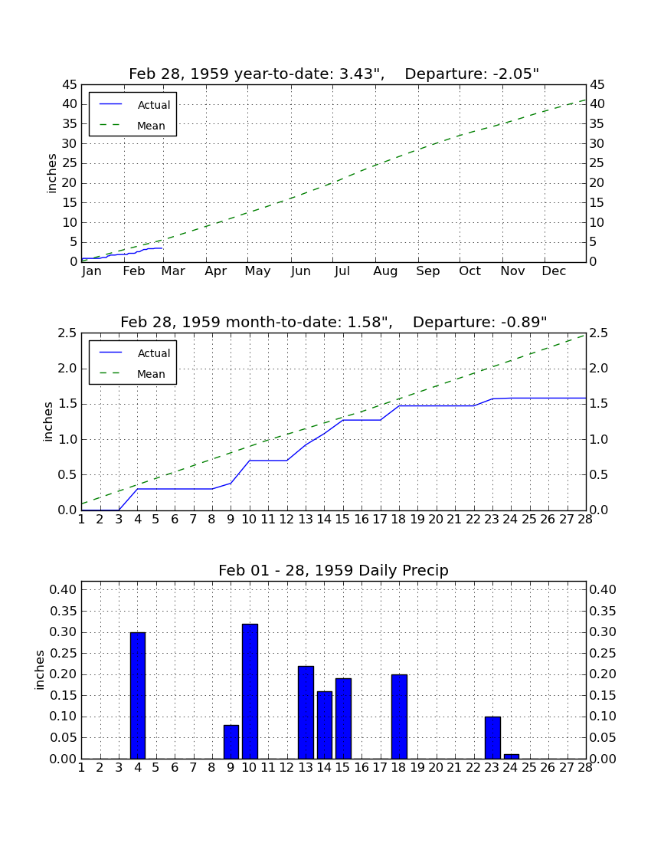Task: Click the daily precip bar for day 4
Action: (138, 696)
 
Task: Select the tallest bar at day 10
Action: (250, 691)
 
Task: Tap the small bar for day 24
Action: (512, 756)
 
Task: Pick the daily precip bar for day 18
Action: (399, 717)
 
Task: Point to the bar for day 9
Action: (231, 742)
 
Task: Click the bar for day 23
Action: (492, 737)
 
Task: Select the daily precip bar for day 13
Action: (306, 713)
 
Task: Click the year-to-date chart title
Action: (334, 74)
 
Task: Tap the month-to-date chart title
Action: (334, 322)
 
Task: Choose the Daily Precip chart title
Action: (334, 570)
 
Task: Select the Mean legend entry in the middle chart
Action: (132, 374)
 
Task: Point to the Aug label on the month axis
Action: (385, 271)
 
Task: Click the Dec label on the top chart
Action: (554, 271)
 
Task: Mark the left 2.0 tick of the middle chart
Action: (67, 369)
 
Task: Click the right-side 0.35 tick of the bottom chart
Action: (603, 612)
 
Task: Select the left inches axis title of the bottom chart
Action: (39, 670)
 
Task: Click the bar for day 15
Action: (343, 719)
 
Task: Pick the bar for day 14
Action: (325, 725)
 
